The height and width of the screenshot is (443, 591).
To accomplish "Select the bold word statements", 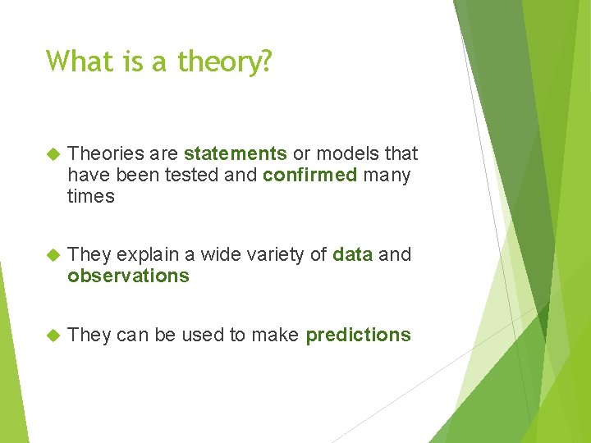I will (x=236, y=154).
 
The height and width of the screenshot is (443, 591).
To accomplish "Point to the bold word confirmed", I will (x=310, y=176).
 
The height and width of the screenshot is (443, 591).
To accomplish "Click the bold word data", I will (x=353, y=255).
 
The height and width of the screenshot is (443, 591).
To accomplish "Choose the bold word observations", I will (x=128, y=276).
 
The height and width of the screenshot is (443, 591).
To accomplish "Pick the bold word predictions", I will (x=358, y=336).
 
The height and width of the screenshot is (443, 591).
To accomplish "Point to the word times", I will (x=90, y=197).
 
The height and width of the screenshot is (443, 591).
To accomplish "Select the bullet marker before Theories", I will (x=53, y=154).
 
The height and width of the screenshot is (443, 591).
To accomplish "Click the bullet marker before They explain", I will (x=53, y=255).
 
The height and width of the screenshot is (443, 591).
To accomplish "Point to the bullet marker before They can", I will (x=53, y=336).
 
